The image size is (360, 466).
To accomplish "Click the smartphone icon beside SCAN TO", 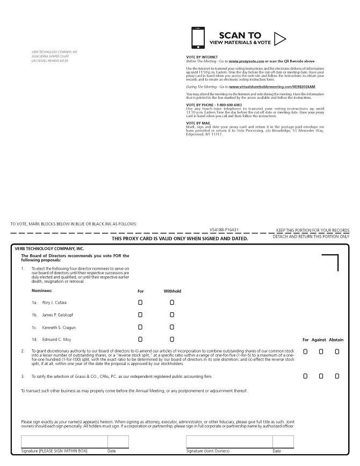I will (x=198, y=37).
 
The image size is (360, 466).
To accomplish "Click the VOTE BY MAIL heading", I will (x=199, y=123).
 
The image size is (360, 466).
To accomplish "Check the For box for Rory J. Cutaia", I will (x=140, y=303).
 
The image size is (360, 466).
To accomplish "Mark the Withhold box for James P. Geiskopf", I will (x=172, y=315).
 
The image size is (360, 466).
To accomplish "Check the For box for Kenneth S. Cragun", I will (x=140, y=327).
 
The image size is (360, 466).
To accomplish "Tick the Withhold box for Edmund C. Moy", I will (x=172, y=340).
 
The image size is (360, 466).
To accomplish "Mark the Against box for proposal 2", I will (x=321, y=352).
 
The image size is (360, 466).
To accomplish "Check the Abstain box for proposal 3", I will (x=337, y=376).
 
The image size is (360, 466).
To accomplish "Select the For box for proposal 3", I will (x=305, y=376).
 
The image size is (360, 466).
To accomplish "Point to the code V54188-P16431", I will (x=224, y=229).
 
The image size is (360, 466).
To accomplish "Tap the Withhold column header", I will (x=172, y=291).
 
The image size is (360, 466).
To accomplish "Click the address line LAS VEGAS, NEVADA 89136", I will (x=50, y=61).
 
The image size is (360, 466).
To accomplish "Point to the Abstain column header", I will (x=336, y=340).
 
